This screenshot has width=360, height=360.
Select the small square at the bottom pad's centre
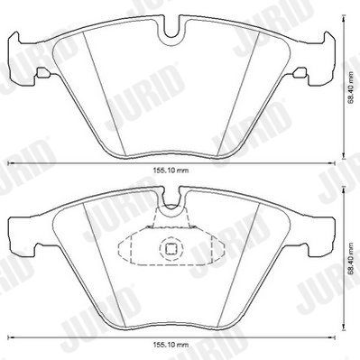click(170, 252)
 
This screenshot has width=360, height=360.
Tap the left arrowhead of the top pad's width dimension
click(11, 163)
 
